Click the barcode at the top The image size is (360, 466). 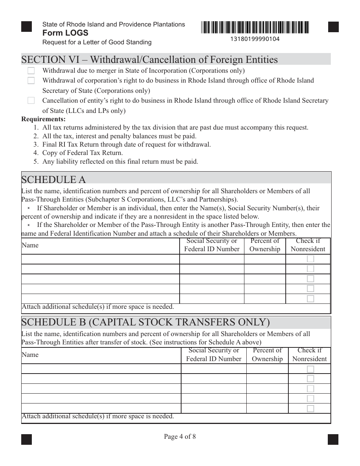[255, 27]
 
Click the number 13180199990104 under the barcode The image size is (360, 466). [255, 39]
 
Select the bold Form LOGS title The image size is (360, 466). [65, 33]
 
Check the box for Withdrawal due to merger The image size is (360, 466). [31, 70]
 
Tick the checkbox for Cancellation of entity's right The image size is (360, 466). [31, 100]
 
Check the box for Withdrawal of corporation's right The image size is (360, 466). [31, 80]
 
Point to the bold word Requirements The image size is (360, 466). [44, 119]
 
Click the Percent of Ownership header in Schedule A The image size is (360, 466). [265, 245]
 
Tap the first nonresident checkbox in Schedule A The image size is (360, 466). [310, 259]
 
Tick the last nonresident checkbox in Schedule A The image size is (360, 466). [310, 299]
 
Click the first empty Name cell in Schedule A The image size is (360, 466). [100, 259]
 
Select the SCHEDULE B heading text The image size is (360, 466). [146, 322]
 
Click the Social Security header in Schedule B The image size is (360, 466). [214, 355]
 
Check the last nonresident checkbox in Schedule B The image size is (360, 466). [310, 408]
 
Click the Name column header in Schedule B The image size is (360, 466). [30, 355]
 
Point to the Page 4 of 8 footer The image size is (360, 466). [180, 436]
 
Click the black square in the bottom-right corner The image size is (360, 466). [333, 439]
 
